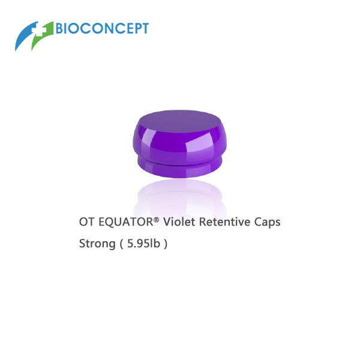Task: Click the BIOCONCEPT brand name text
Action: (x=102, y=28)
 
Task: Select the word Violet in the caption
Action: (x=179, y=222)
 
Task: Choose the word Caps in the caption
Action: (x=267, y=222)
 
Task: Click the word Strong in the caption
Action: (x=97, y=244)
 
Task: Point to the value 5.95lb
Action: (x=143, y=243)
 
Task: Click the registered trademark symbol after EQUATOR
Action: (x=156, y=220)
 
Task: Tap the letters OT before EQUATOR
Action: (x=86, y=222)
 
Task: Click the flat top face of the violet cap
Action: (x=179, y=121)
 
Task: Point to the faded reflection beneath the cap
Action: (x=179, y=197)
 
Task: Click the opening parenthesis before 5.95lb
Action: (x=121, y=244)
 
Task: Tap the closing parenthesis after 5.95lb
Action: (x=166, y=244)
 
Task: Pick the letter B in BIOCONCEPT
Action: (x=59, y=28)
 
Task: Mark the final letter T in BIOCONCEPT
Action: (x=145, y=28)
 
